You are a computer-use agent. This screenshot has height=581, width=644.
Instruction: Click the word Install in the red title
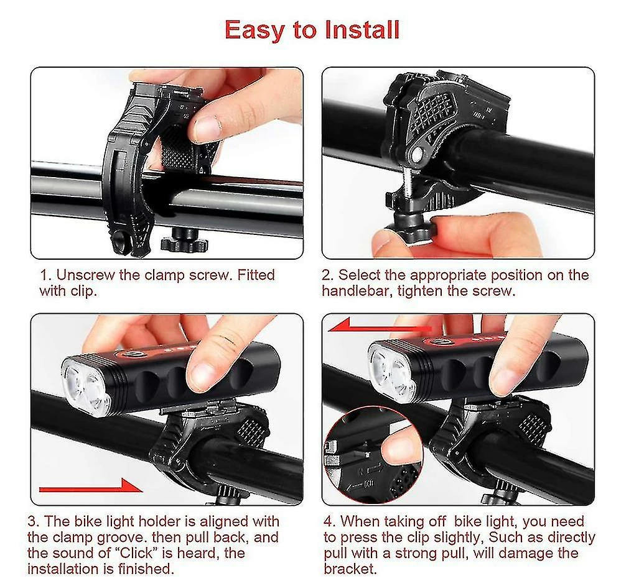point(362,30)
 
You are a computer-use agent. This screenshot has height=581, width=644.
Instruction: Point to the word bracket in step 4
point(350,569)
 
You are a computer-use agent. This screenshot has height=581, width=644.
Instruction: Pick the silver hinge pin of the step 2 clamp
point(417,153)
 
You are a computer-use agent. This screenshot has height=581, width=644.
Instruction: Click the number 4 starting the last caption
point(327,521)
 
